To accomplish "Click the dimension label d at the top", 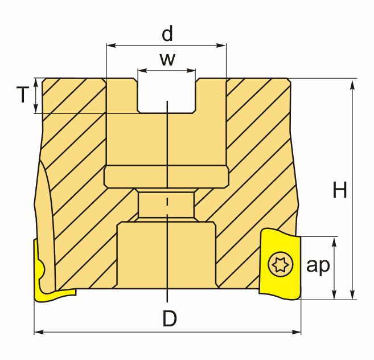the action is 167,34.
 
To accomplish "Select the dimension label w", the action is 168,59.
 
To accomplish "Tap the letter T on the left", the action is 23,95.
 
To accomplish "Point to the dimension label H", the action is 340,190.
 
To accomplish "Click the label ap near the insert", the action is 318,265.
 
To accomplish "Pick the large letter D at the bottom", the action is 170,318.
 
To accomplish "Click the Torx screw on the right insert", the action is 281,264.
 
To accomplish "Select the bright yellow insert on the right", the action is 280,264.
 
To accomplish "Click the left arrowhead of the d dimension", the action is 111,46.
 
